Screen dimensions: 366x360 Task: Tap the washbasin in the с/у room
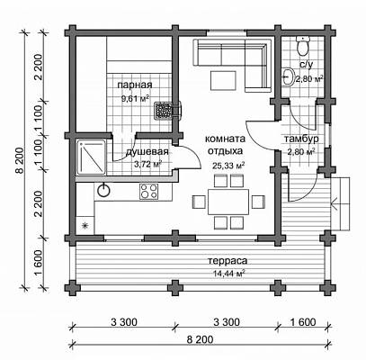(288, 76)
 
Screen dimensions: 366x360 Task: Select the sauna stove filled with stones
(164, 110)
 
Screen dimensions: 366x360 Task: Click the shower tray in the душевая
(91, 157)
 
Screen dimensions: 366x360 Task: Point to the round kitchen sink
(103, 190)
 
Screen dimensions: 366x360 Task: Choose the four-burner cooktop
(149, 191)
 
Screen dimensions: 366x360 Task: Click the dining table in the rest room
(228, 202)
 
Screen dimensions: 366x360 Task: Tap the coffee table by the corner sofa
(223, 80)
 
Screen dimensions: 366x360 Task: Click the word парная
(135, 85)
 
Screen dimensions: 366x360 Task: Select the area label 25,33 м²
(228, 166)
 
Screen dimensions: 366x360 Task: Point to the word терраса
(228, 261)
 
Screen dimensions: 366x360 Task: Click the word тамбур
(301, 139)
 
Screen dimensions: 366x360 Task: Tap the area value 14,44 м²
(228, 274)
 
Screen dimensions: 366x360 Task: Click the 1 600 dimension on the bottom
(303, 322)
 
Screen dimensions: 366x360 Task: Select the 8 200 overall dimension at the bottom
(201, 340)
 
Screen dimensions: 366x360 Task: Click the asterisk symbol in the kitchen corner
(85, 225)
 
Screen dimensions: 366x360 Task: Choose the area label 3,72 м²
(147, 164)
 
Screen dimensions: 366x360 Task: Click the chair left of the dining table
(199, 202)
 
